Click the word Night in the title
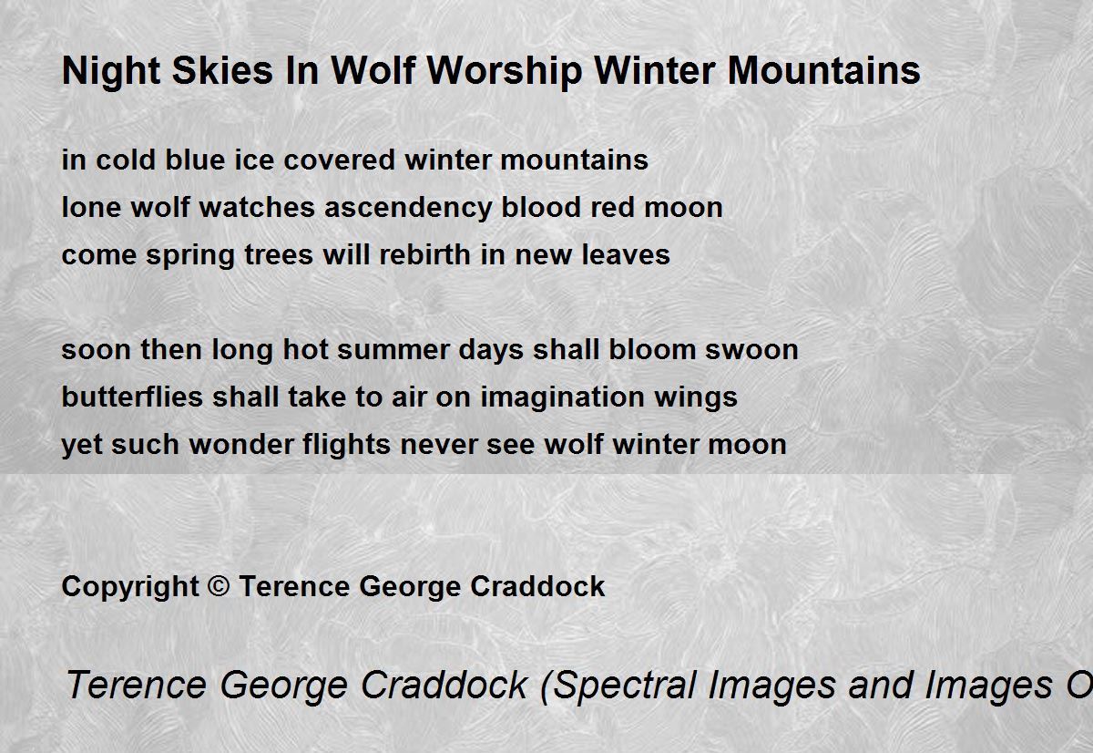pyautogui.click(x=111, y=72)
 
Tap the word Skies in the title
pyautogui.click(x=222, y=70)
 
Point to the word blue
pyautogui.click(x=195, y=160)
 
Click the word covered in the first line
pyautogui.click(x=339, y=160)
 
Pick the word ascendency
pyautogui.click(x=408, y=209)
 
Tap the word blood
pyautogui.click(x=541, y=207)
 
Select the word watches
pyautogui.click(x=257, y=207)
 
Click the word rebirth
pyautogui.click(x=424, y=254)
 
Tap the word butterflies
pyautogui.click(x=132, y=397)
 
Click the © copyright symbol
pyautogui.click(x=219, y=585)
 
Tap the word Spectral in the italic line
pyautogui.click(x=618, y=686)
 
